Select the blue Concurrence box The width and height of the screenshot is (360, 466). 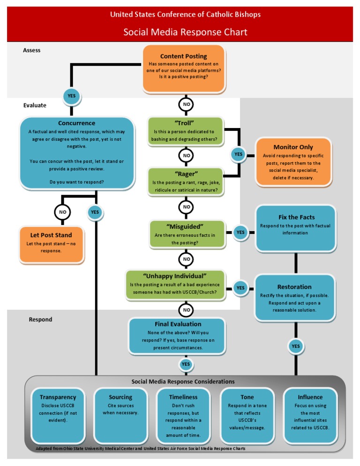click(77, 153)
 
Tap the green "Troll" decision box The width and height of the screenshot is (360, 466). click(185, 131)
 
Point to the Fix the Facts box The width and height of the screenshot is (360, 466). click(296, 228)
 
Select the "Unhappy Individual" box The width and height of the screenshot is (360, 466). click(175, 285)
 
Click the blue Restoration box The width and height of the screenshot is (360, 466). click(294, 298)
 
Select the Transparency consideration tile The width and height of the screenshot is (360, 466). click(58, 415)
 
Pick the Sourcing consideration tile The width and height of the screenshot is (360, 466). click(120, 415)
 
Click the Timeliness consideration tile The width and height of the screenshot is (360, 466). click(183, 415)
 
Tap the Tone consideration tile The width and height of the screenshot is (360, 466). click(247, 415)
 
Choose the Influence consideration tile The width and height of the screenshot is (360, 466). click(310, 415)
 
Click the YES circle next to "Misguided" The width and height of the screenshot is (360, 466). click(240, 232)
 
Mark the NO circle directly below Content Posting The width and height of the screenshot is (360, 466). click(187, 104)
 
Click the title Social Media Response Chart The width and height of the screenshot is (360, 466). click(185, 32)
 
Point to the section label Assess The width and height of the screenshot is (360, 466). click(32, 50)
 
